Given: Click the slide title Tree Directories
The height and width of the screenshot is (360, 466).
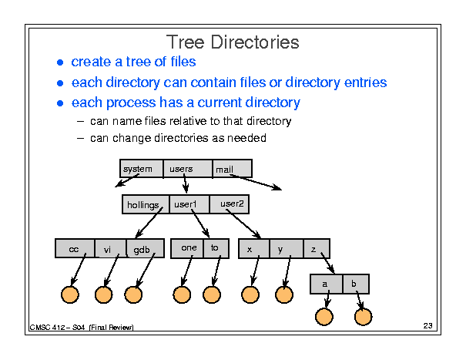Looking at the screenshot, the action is click(233, 42).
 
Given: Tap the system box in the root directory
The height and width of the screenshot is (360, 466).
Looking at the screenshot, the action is click(142, 169).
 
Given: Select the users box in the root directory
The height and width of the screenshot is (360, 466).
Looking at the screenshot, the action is click(188, 169).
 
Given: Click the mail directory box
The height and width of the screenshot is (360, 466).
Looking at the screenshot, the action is click(233, 169).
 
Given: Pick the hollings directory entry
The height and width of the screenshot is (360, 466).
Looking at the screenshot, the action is click(146, 204).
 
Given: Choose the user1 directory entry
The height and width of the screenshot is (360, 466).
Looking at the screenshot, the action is click(189, 204).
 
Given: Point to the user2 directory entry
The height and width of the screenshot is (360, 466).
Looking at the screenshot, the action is click(229, 204).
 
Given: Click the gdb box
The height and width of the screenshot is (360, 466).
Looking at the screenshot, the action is click(146, 248).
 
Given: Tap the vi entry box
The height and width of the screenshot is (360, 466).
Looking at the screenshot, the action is click(111, 248).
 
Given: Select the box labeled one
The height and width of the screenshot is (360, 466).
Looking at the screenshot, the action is click(187, 248).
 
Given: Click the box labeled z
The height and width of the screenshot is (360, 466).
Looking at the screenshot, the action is click(317, 248).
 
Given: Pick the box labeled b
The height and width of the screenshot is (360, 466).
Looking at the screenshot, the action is click(356, 284).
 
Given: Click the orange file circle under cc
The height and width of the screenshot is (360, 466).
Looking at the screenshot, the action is click(70, 294).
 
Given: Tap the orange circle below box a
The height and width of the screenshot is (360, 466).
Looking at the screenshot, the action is click(324, 317).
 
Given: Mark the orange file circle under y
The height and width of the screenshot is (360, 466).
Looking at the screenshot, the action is click(284, 294).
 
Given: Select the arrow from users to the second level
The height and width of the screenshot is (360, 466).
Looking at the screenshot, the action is click(185, 183).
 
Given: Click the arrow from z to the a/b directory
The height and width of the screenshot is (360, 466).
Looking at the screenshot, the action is click(327, 263).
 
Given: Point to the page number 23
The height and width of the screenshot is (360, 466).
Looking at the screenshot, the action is click(427, 326).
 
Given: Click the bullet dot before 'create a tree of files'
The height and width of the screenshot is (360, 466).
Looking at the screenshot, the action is click(60, 62).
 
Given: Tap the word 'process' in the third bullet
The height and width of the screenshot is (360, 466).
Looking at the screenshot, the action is click(131, 103).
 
